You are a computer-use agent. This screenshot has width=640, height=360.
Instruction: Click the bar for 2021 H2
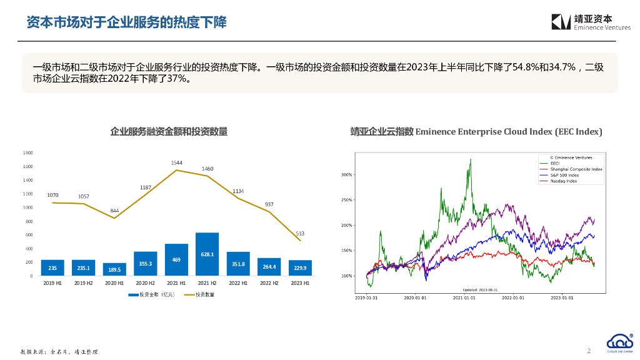pyautogui.click(x=207, y=254)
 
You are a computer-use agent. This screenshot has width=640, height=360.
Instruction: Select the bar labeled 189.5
pyautogui.click(x=114, y=269)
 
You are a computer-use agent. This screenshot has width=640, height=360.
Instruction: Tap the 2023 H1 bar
pyautogui.click(x=300, y=268)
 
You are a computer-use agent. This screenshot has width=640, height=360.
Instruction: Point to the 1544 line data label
pyautogui.click(x=176, y=163)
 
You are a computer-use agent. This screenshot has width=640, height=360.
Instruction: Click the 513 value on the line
pyautogui.click(x=300, y=233)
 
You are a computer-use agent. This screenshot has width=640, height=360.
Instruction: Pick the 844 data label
pyautogui.click(x=114, y=211)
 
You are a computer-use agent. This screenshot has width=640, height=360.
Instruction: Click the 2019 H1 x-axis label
pyautogui.click(x=52, y=283)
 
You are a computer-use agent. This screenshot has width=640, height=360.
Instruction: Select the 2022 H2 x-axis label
pyautogui.click(x=269, y=283)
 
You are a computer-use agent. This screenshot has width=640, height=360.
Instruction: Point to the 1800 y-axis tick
pyautogui.click(x=28, y=153)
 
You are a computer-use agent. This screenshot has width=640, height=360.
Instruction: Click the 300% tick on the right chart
pyautogui.click(x=347, y=175)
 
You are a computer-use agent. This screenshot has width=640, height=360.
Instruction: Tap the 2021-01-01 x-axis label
pyautogui.click(x=464, y=298)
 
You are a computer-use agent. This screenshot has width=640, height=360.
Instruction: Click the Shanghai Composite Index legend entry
pyautogui.click(x=575, y=169)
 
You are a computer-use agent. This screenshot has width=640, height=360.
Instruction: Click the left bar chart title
pyautogui.click(x=169, y=131)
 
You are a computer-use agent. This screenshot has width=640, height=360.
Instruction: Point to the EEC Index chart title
pyautogui.click(x=476, y=131)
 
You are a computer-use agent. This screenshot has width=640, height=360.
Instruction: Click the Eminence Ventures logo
pyautogui.click(x=591, y=22)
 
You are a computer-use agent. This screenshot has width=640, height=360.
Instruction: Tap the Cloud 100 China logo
pyautogui.click(x=620, y=342)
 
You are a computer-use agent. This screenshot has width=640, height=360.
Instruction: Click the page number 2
pyautogui.click(x=589, y=351)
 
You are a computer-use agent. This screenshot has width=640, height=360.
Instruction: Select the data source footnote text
pyautogui.click(x=59, y=352)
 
